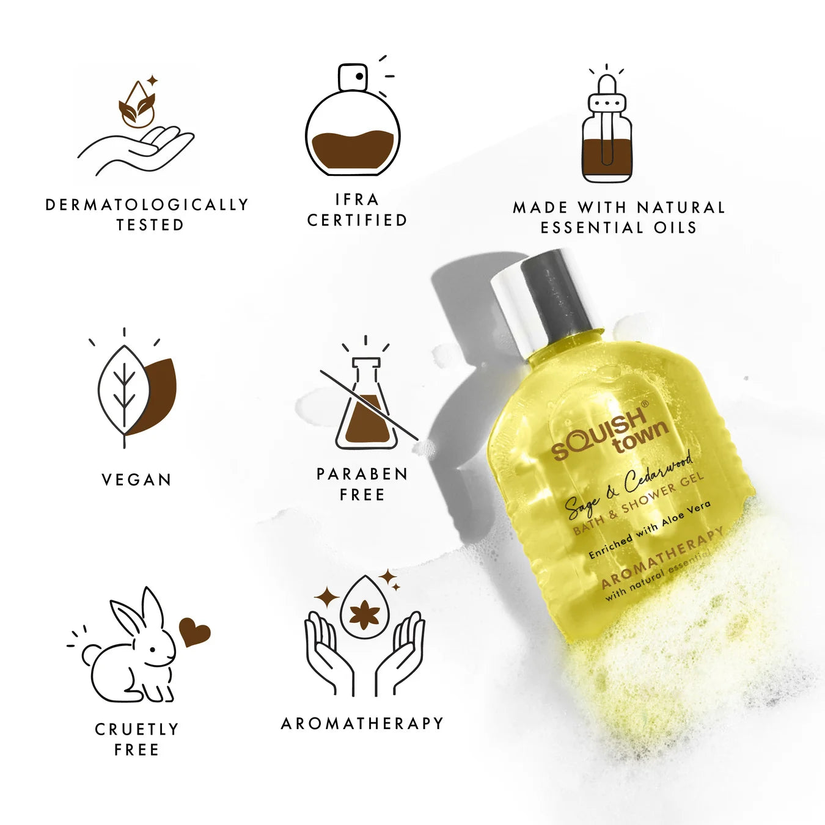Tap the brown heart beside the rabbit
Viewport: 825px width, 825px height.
tap(194, 632)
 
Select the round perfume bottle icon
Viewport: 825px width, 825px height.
tap(353, 122)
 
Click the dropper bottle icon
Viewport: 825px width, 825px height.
tap(606, 131)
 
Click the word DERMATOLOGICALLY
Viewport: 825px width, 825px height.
tap(147, 205)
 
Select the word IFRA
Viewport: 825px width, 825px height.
tap(358, 200)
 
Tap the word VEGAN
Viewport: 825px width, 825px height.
tap(136, 480)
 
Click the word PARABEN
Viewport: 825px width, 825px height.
tap(362, 474)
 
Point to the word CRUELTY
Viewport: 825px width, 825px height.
tap(137, 729)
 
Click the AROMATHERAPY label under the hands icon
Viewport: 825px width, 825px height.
tap(362, 723)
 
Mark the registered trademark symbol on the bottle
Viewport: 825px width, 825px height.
tap(643, 404)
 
